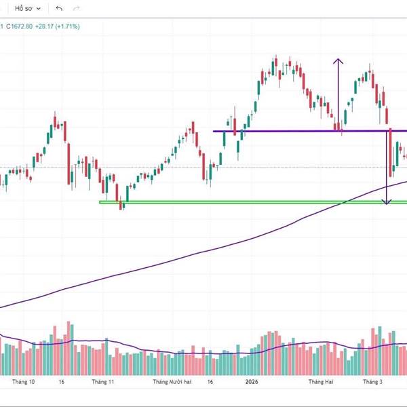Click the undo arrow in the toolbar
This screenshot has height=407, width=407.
point(60,9)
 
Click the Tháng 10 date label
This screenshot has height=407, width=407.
point(23,382)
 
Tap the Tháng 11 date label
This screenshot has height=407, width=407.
point(102,382)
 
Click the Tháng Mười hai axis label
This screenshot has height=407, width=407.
point(172,382)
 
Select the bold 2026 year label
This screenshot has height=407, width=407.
point(252,382)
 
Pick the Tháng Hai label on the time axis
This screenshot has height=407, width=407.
point(321,382)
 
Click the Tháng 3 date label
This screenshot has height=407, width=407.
point(372,382)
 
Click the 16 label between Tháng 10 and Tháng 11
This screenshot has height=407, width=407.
point(62,382)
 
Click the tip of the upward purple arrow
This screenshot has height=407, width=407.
point(337,60)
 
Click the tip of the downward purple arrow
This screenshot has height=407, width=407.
point(387,203)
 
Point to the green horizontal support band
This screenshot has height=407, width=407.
point(237,201)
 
